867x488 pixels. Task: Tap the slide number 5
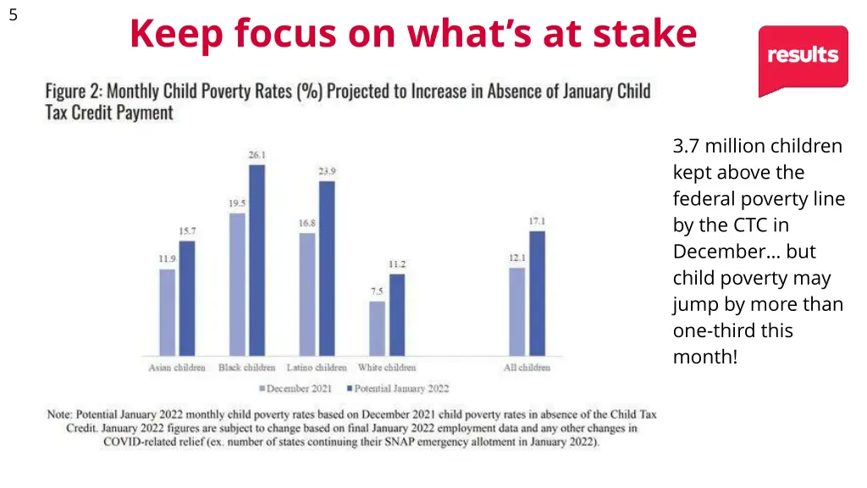click(13, 14)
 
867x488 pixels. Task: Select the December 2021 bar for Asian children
click(168, 312)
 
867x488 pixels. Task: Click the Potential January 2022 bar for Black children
click(257, 259)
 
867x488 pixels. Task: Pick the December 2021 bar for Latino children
click(306, 293)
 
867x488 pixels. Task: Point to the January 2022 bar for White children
click(397, 313)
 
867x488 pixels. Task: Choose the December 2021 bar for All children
click(517, 311)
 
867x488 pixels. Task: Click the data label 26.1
click(257, 155)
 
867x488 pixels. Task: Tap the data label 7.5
click(377, 291)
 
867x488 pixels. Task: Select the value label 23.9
click(327, 171)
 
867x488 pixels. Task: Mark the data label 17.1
click(538, 221)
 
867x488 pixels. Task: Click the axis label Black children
click(247, 368)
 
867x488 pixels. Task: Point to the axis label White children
click(387, 368)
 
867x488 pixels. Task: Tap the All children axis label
click(527, 368)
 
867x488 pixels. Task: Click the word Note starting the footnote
click(58, 415)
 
